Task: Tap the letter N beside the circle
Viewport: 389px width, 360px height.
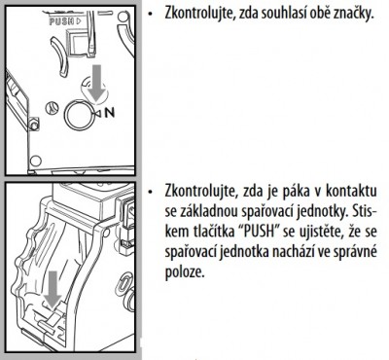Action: point(110,113)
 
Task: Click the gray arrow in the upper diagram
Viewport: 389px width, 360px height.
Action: point(97,82)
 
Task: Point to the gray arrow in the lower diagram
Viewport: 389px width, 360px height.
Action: point(53,290)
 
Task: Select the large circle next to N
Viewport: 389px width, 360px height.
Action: point(80,115)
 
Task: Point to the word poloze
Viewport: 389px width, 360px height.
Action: point(185,272)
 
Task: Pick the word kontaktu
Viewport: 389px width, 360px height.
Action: point(351,192)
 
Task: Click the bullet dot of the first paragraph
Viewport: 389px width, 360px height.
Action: point(150,15)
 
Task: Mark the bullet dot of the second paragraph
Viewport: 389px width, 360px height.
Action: point(150,193)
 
